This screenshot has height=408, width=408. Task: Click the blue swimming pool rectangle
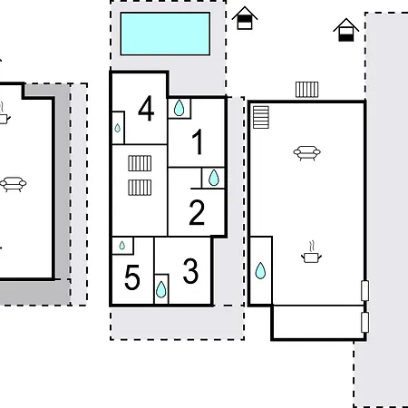165,33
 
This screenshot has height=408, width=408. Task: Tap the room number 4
146,110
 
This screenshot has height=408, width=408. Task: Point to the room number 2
197,213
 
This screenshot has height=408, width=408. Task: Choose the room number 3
190,270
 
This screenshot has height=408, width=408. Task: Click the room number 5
132,278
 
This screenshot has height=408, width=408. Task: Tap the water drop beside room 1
180,108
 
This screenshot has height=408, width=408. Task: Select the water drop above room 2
214,178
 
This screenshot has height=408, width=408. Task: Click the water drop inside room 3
161,289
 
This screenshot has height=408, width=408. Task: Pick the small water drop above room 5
122,245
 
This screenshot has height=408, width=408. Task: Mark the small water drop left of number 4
118,128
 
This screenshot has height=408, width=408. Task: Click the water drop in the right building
260,270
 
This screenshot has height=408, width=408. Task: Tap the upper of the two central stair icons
139,163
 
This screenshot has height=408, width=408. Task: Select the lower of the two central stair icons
139,187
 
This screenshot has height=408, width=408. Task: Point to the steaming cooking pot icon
311,254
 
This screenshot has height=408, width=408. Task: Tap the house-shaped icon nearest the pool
243,18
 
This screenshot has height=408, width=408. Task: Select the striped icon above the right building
306,89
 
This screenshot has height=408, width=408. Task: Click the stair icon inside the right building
261,117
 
